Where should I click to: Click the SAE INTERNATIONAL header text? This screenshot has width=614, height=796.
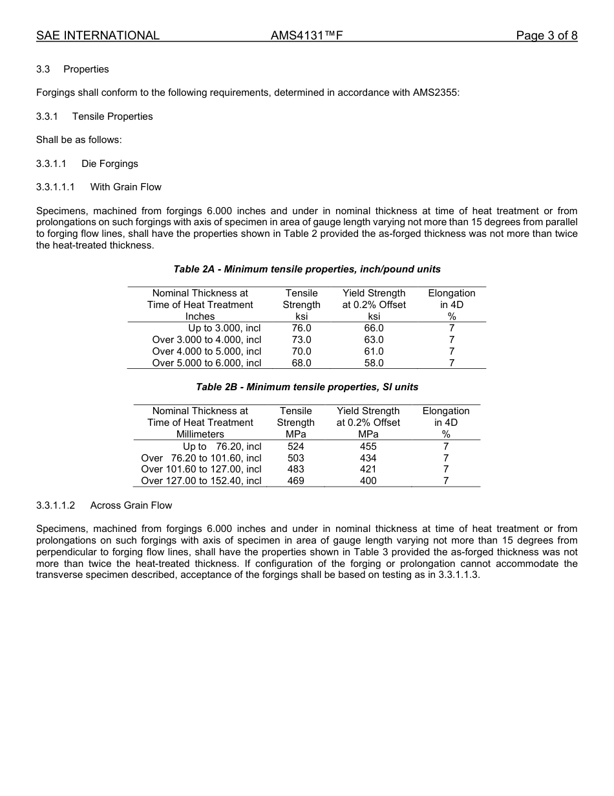(98, 36)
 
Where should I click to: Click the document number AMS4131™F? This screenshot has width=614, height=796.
(306, 36)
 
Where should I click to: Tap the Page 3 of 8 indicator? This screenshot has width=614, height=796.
(546, 36)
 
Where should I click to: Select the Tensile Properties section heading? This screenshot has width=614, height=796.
(112, 116)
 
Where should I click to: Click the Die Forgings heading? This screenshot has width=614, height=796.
(110, 164)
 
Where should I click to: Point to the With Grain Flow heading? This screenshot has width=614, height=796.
(125, 187)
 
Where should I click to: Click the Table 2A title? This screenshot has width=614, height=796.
(307, 269)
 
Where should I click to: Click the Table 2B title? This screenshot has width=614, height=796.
(307, 387)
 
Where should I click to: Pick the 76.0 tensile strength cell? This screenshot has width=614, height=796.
(301, 328)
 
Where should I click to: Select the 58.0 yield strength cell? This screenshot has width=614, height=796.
(374, 363)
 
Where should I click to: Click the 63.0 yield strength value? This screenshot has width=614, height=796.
(374, 340)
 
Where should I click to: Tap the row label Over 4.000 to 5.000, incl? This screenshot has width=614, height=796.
(207, 351)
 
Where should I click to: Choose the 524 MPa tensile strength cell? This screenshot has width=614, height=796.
(295, 446)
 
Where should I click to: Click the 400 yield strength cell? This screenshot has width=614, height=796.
(368, 481)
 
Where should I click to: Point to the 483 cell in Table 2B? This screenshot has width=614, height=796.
(295, 469)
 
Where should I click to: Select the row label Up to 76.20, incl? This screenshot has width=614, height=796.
(222, 446)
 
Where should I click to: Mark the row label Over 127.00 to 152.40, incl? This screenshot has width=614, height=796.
(201, 481)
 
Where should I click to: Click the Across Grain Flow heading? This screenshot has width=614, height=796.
(131, 505)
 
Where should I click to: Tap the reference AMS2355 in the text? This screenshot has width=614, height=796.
(434, 93)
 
